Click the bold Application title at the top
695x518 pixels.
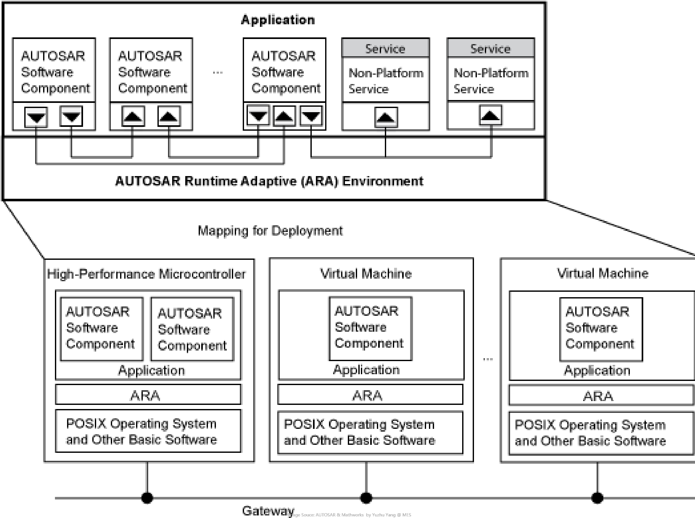tap(278, 20)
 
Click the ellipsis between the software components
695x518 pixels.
tap(218, 73)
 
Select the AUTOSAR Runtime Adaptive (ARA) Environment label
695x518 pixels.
tap(269, 181)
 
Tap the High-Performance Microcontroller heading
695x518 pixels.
tap(146, 274)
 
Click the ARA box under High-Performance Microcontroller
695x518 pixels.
tap(148, 395)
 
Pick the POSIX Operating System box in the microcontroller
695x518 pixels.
tap(148, 431)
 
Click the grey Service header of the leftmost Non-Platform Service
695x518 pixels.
tap(385, 49)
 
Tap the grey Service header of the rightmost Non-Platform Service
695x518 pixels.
tap(490, 49)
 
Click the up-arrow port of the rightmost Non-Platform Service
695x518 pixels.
tap(491, 116)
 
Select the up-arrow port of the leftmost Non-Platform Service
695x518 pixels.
tap(386, 117)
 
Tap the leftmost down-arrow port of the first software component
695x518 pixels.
tap(36, 117)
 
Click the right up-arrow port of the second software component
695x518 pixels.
tap(169, 116)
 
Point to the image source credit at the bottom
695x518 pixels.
tap(349, 515)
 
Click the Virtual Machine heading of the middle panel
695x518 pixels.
tap(366, 274)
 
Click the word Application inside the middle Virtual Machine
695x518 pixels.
tap(366, 370)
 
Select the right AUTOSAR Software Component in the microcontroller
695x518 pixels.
tap(192, 329)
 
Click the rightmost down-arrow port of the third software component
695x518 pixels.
tap(311, 116)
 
